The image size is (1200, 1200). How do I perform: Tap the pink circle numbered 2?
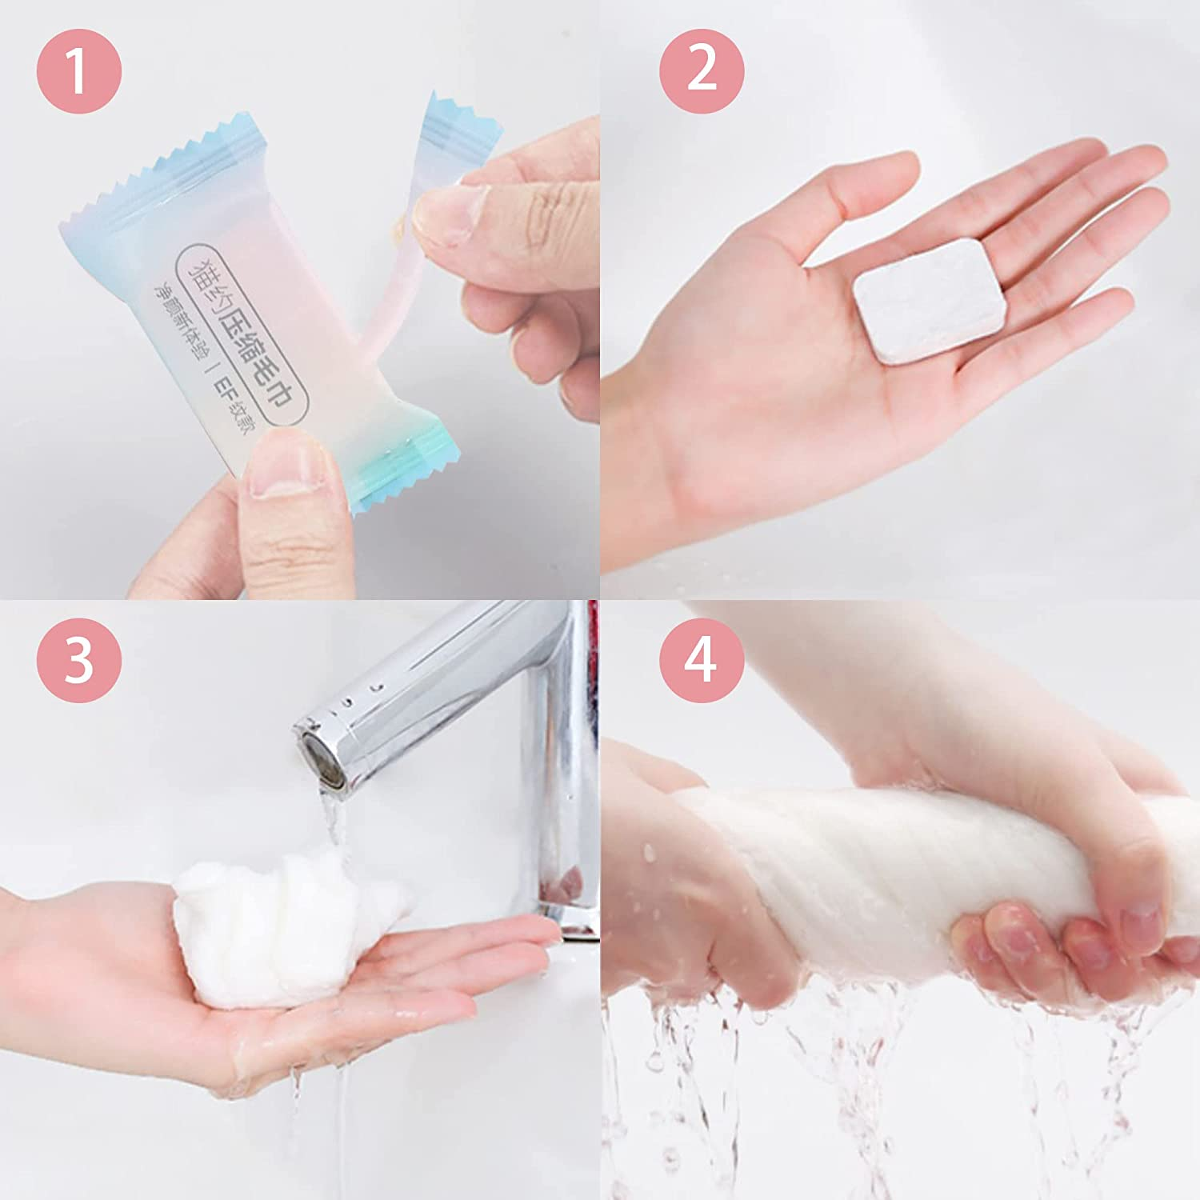click(x=701, y=70)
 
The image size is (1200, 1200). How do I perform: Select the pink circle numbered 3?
click(x=78, y=660)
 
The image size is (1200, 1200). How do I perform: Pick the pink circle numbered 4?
click(x=701, y=660)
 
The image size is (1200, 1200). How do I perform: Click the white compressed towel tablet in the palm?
click(x=929, y=300)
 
